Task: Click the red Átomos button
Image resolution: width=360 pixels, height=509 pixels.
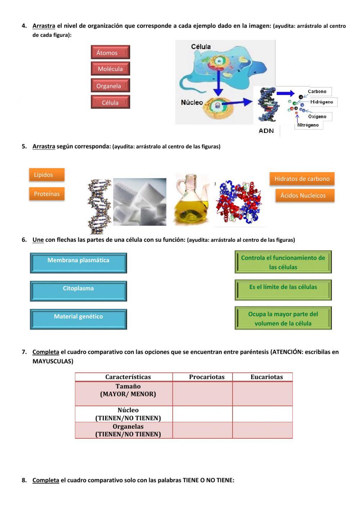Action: [110, 53]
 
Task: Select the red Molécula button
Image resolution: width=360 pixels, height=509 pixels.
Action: [110, 69]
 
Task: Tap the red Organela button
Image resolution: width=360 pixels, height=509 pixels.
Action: [110, 86]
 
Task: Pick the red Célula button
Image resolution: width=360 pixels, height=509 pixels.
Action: [110, 103]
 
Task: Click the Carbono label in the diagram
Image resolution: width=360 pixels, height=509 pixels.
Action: [317, 91]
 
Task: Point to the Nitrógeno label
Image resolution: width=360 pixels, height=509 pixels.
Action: [308, 125]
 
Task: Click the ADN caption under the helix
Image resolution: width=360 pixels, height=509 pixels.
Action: [266, 131]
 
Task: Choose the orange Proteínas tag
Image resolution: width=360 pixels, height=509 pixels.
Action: [47, 194]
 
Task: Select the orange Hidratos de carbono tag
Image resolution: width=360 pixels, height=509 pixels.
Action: [302, 179]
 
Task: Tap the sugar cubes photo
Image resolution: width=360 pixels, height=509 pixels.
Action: [140, 202]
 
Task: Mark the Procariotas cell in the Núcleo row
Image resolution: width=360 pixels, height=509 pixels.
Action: [203, 414]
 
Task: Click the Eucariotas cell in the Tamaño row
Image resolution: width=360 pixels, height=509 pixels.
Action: [262, 394]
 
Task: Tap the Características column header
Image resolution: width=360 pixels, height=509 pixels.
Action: [128, 377]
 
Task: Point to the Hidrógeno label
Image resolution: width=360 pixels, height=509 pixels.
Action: [321, 102]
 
